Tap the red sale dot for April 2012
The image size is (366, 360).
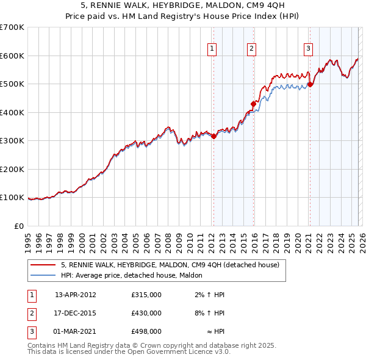tap(213, 137)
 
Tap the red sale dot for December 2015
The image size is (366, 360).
tap(253, 104)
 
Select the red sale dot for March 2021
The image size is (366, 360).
tap(310, 85)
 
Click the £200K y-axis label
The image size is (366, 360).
tap(12, 169)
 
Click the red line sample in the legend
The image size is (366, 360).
tap(43, 265)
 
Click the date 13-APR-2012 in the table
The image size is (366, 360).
tap(76, 295)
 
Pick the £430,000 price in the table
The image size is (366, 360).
tap(146, 313)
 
